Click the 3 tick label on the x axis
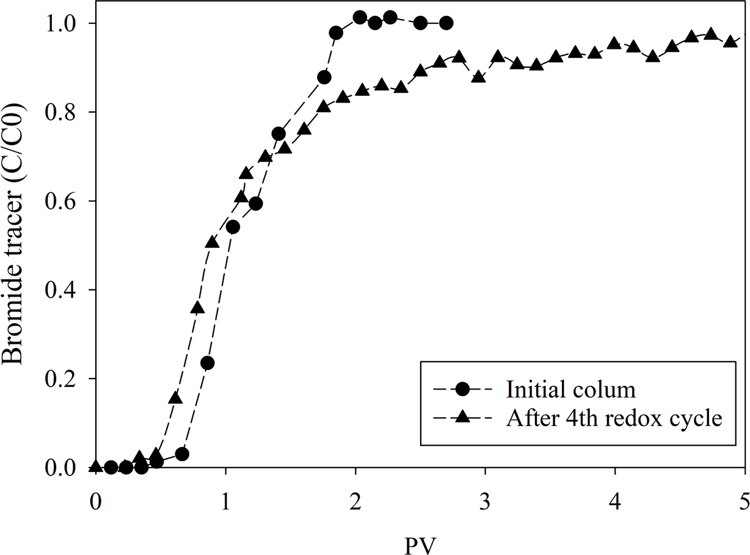(x=485, y=489)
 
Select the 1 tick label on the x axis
(x=225, y=489)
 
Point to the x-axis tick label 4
(x=614, y=489)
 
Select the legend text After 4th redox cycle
(x=614, y=418)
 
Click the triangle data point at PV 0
(x=95, y=466)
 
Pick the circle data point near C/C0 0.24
(x=207, y=363)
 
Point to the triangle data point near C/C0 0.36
(x=197, y=308)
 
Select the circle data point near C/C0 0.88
(x=324, y=78)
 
